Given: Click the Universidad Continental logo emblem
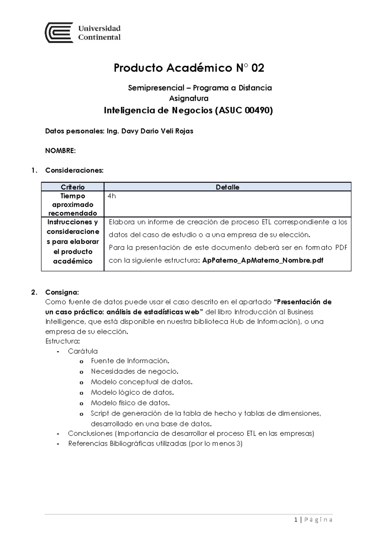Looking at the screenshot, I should point(59,33).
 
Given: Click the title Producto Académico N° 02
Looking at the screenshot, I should point(188,68).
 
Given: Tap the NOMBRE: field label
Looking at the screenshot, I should point(60,151).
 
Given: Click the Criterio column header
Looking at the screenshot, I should point(73,187).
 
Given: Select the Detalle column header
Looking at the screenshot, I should point(227,187).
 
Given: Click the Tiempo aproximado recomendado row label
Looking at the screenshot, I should point(73,204).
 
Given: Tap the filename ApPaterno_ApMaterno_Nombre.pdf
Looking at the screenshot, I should point(263,260).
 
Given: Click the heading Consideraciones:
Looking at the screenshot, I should point(74,170).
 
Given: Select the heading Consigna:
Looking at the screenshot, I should point(62,292).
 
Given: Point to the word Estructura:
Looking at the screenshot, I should point(63,341).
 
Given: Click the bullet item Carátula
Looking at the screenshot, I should point(83,351).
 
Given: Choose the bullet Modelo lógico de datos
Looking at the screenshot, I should point(132,392).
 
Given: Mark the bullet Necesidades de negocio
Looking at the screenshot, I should point(134,371).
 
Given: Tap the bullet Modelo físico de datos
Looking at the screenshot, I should point(130,403).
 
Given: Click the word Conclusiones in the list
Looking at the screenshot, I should point(90,433).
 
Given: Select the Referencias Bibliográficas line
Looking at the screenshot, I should point(155,444).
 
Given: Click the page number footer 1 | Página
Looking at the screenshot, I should point(313,520).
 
